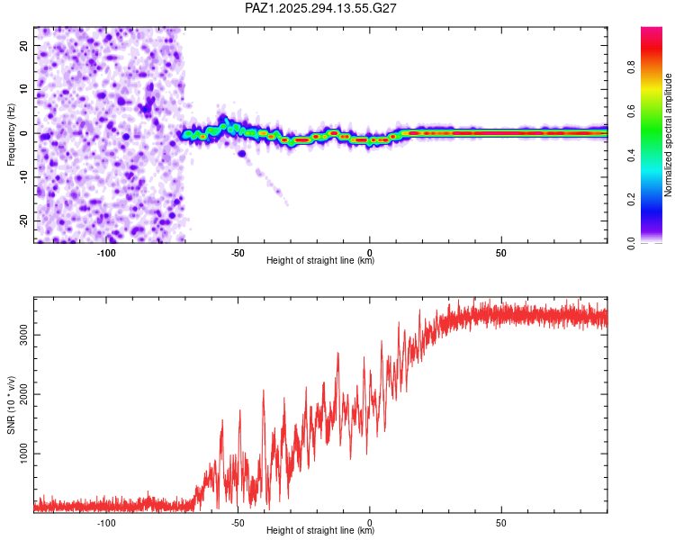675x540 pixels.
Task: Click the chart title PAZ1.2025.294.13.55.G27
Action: (x=321, y=8)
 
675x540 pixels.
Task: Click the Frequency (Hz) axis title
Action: (x=12, y=134)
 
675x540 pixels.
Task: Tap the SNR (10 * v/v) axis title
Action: (x=12, y=405)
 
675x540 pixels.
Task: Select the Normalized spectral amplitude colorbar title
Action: (x=668, y=135)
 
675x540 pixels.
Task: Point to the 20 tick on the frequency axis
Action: (x=25, y=47)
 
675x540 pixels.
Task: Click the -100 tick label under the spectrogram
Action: (x=106, y=253)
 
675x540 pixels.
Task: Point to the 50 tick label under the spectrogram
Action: (x=501, y=253)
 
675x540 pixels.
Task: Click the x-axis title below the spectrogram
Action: (x=320, y=261)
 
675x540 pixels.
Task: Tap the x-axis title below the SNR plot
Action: (x=320, y=531)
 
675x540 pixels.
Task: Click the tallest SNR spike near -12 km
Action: (x=338, y=354)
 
